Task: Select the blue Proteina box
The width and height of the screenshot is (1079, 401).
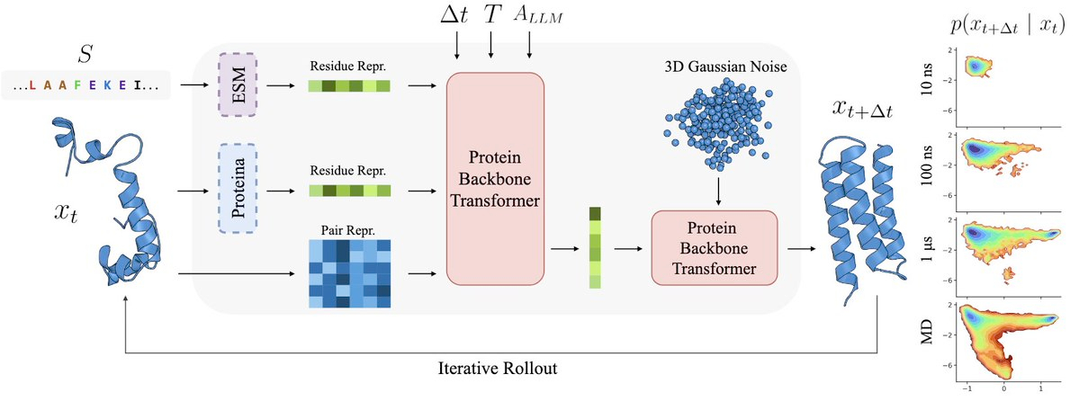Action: click(x=238, y=191)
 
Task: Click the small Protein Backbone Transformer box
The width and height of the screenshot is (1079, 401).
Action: click(x=712, y=244)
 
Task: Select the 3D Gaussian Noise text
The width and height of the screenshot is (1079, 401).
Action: click(x=716, y=68)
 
